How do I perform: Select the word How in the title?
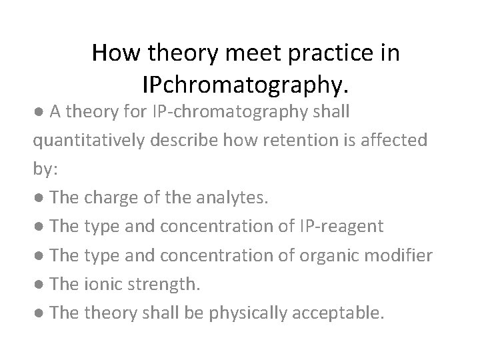117,53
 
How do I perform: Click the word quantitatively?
92,141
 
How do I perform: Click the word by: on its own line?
46,169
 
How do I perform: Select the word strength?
165,285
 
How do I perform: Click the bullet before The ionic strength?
40,285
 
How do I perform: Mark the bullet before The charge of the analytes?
40,199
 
